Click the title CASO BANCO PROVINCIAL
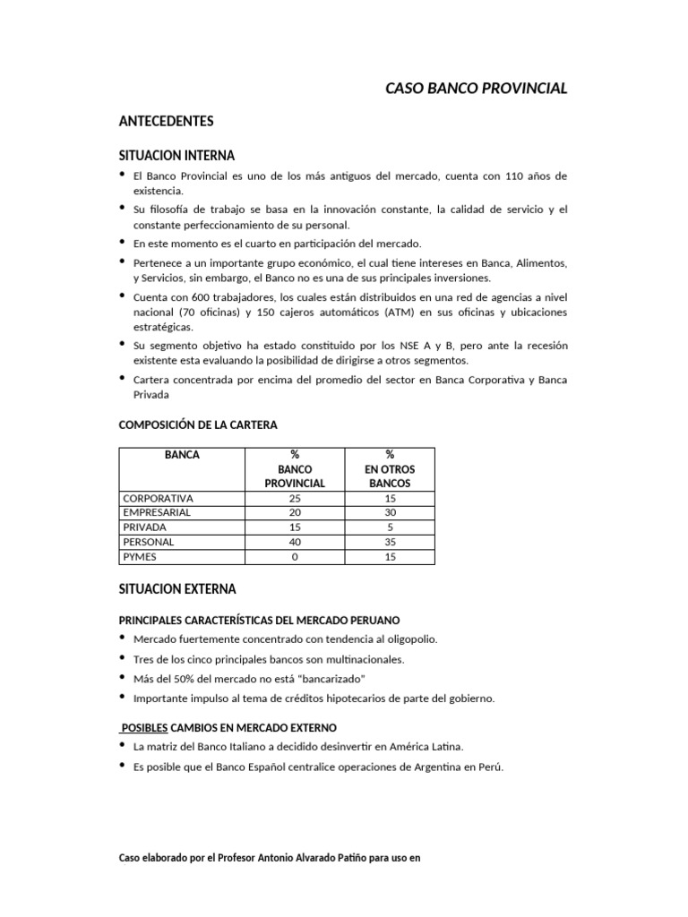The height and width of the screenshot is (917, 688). [x=476, y=89]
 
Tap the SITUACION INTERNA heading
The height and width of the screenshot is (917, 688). [x=176, y=155]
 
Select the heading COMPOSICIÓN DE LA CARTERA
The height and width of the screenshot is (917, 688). [x=204, y=424]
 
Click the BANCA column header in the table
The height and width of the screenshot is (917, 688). [x=182, y=455]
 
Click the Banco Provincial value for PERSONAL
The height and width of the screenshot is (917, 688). [x=295, y=543]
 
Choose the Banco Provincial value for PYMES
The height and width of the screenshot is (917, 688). [x=295, y=557]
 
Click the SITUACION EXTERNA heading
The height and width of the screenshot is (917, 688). [x=177, y=589]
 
